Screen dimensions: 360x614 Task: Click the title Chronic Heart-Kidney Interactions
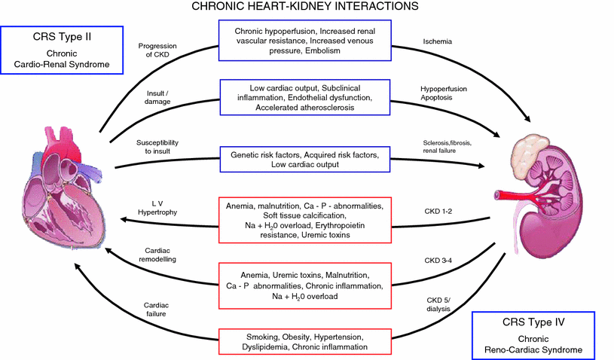coord(307,8)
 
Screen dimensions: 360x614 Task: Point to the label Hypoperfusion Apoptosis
coord(443,93)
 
